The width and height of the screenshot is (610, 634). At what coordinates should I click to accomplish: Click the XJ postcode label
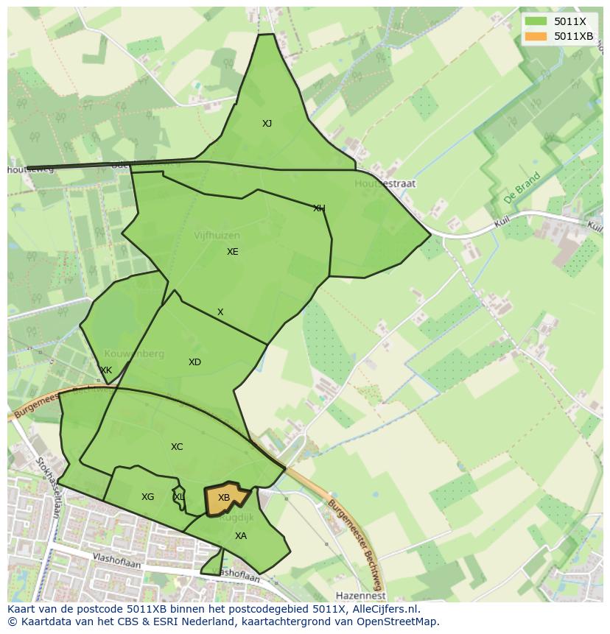(267, 124)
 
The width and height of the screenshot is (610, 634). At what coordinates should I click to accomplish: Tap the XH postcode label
(319, 208)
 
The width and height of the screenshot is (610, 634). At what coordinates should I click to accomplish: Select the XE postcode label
(233, 252)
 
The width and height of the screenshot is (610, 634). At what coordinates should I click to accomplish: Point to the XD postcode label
(194, 362)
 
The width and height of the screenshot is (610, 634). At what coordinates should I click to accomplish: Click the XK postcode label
(106, 370)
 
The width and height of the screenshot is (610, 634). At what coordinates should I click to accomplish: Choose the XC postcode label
(177, 447)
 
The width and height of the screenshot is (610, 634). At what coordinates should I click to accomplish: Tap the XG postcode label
(148, 497)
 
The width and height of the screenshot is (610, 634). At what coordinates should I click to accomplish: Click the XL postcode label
(179, 497)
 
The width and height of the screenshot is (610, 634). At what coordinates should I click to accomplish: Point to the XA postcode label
(241, 536)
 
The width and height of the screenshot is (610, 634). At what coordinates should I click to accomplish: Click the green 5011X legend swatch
(536, 21)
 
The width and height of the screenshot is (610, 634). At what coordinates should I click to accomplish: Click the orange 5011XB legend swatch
(536, 36)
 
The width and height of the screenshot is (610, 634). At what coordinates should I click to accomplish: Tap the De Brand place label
(522, 189)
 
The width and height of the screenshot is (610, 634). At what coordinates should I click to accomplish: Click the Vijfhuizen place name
(217, 236)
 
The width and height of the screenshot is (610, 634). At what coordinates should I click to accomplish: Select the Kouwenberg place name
(134, 354)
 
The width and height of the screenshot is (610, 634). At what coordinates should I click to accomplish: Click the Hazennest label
(360, 595)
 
